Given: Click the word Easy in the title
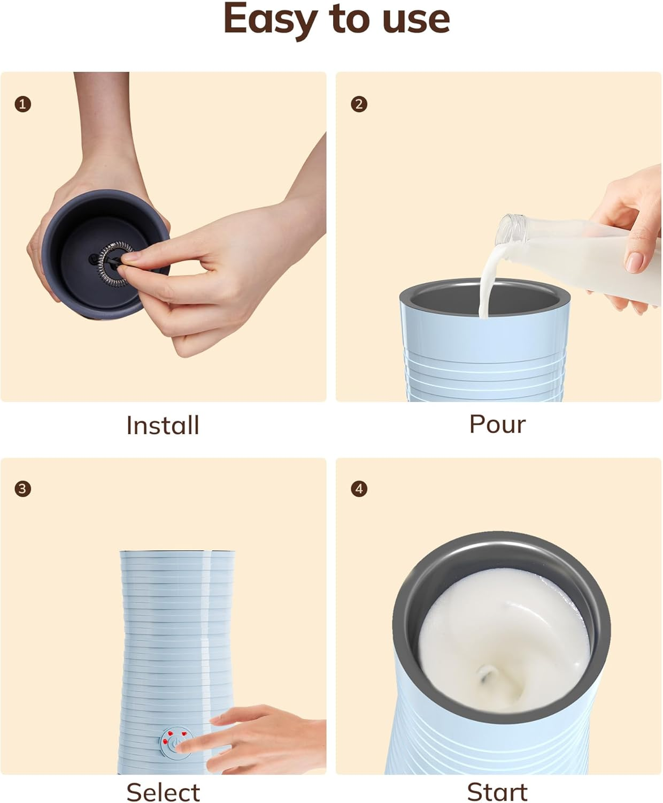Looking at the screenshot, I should click(271, 19).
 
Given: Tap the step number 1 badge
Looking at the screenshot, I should click(22, 104).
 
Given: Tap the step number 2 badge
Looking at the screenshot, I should click(359, 104).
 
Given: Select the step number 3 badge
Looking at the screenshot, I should click(22, 489).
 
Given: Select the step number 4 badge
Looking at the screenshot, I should click(359, 489).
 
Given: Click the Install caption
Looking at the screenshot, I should click(163, 426).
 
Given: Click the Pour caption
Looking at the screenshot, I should click(497, 425).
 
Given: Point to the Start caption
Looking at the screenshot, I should click(497, 792).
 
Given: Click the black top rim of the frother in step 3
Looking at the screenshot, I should click(176, 551).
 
